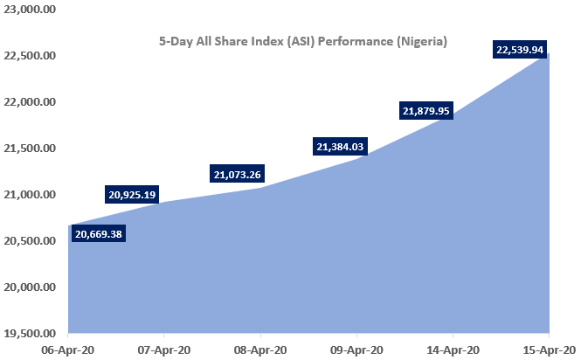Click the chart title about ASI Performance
coord(302,41)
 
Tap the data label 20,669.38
coord(99,234)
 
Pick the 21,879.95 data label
coord(426,111)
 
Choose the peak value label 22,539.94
coord(520,51)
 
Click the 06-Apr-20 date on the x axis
coord(68,349)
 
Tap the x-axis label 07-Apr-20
coord(164,349)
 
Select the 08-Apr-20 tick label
coord(260,349)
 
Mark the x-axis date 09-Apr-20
coord(356,349)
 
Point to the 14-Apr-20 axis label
coord(453,349)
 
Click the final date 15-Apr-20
coord(549,349)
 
